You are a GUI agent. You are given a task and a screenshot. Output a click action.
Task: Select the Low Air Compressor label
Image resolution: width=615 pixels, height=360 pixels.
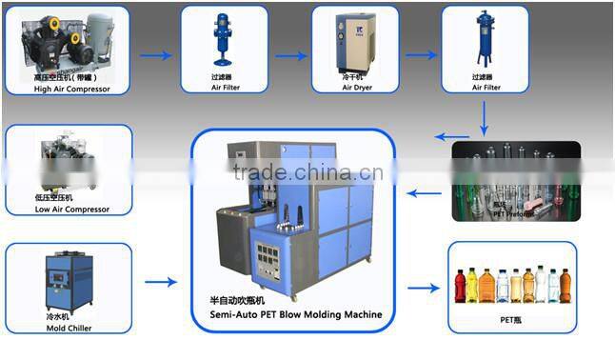point(71,210)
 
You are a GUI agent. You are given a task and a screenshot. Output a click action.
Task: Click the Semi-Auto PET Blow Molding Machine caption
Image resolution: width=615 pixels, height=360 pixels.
point(295,314)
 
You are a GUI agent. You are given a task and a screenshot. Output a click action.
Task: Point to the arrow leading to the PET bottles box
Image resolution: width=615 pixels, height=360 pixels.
point(425,284)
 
